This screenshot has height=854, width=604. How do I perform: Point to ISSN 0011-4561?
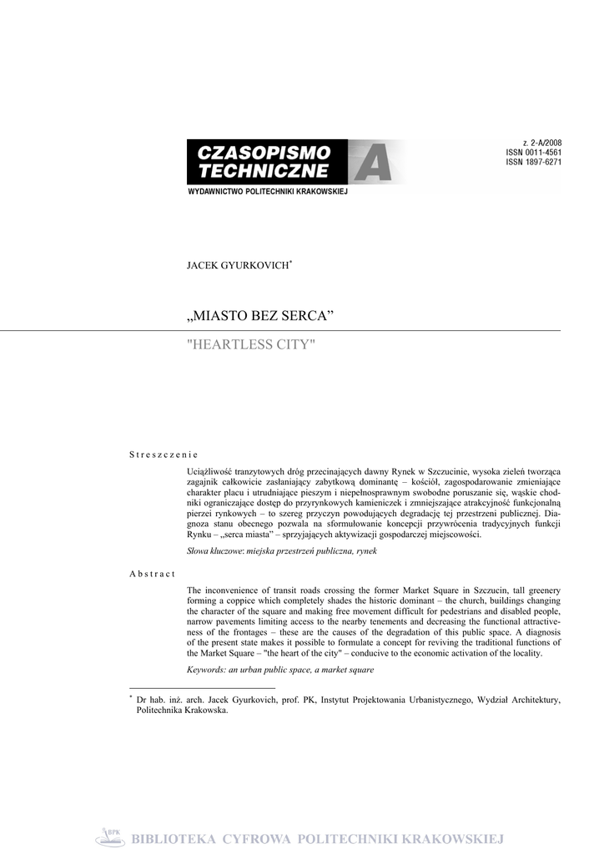click(x=533, y=153)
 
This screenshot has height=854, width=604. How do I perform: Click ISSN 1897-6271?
click(x=533, y=163)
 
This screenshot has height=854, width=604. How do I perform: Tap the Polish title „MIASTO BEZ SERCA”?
click(x=259, y=318)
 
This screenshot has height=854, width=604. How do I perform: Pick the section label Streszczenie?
click(x=163, y=455)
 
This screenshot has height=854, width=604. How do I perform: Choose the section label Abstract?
click(x=152, y=575)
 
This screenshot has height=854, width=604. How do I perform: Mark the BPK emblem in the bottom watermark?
click(x=108, y=837)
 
